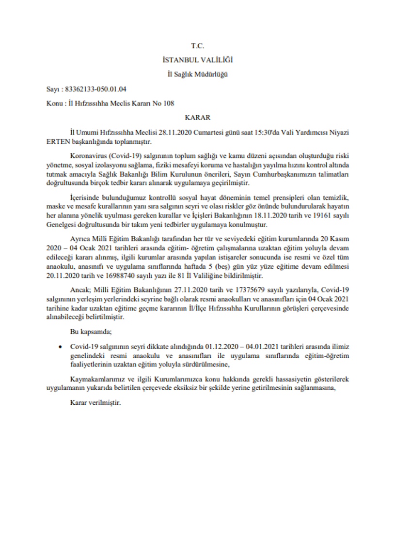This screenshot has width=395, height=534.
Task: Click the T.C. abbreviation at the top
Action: coord(197,46)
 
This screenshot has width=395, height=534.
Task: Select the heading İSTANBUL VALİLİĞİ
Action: coord(197,60)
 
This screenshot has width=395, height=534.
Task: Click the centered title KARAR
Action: coord(197,117)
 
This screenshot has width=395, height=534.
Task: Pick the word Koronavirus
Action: coord(87,157)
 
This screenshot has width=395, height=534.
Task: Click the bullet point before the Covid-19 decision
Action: coord(59,347)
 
